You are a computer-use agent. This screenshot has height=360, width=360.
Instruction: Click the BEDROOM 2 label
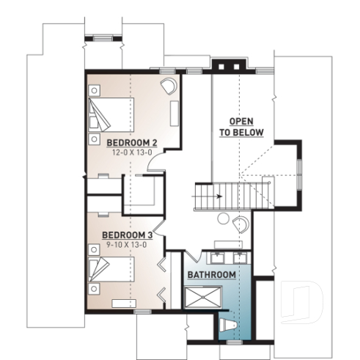(133, 142)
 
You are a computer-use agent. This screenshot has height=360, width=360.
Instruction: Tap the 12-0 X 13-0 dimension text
(132, 152)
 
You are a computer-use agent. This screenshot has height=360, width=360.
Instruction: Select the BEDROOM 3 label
(128, 235)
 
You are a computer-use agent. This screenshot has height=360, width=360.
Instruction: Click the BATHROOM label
(211, 274)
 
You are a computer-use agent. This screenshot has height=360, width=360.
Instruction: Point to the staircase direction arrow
(214, 196)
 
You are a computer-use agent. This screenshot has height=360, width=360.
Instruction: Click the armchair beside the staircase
(240, 224)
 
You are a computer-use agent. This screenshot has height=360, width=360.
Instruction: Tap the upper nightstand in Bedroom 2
(95, 89)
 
